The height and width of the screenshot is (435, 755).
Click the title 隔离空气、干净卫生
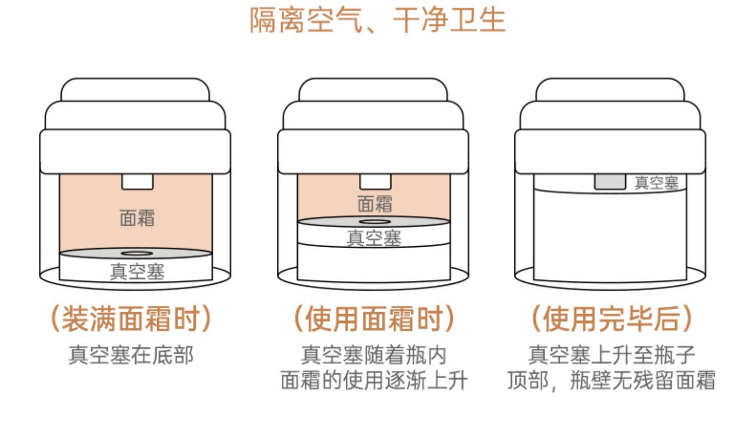tap(377, 20)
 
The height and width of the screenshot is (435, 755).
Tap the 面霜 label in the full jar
tap(137, 218)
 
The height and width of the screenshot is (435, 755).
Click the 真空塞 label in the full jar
tap(137, 271)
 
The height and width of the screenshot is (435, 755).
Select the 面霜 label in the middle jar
tap(375, 204)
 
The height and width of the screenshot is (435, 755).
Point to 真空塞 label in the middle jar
tap(374, 238)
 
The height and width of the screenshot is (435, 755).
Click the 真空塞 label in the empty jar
tap(656, 183)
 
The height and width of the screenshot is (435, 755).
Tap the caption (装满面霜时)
tap(131, 319)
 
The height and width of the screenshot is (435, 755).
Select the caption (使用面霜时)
tap(374, 319)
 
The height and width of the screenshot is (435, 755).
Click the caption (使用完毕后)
tap(612, 319)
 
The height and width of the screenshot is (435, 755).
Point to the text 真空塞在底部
tap(131, 355)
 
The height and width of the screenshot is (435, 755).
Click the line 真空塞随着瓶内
tap(374, 355)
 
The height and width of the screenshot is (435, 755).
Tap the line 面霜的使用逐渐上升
tap(374, 380)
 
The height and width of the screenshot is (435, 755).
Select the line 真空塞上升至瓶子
tap(612, 355)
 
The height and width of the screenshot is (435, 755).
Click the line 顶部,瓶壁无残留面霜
tap(611, 380)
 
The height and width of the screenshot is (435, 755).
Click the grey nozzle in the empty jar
tap(610, 182)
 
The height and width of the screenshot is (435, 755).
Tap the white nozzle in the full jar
tap(137, 182)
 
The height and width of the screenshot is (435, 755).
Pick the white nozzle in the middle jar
tap(375, 182)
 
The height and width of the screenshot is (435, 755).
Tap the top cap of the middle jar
tap(373, 90)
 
